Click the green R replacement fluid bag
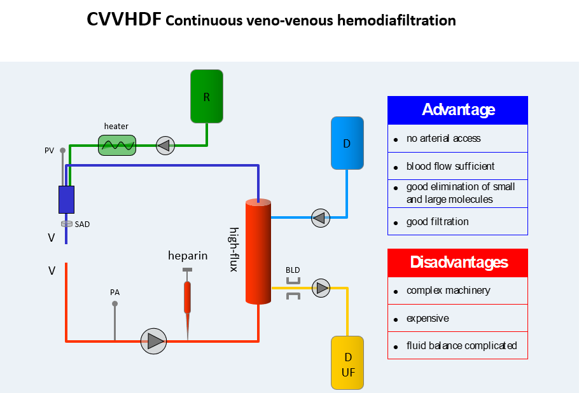pos(207,96)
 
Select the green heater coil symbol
pos(117,145)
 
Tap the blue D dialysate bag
pos(347,143)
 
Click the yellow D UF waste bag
pos(347,363)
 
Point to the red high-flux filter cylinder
pos(258,252)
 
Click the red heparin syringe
pos(187,297)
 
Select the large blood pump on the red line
pos(153,341)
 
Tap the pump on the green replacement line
pos(165,146)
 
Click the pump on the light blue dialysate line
pos(321,218)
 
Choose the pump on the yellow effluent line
pos(322,288)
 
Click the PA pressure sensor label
pos(115,293)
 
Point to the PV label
pos(49,151)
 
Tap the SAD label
pos(82,224)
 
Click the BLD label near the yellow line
pos(293,270)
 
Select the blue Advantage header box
pos(457,110)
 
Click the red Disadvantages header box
pos(457,262)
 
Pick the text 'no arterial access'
pos(443,139)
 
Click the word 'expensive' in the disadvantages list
pos(428,318)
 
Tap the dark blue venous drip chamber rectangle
pos(66,200)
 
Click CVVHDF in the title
pos(124,20)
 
